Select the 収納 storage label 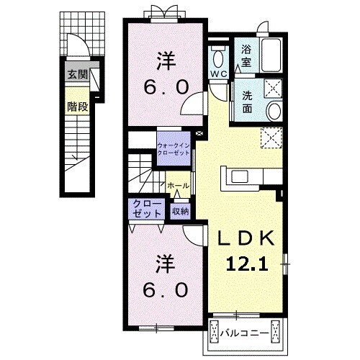click(x=180, y=211)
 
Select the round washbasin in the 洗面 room click(x=274, y=109)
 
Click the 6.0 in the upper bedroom click(x=166, y=86)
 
